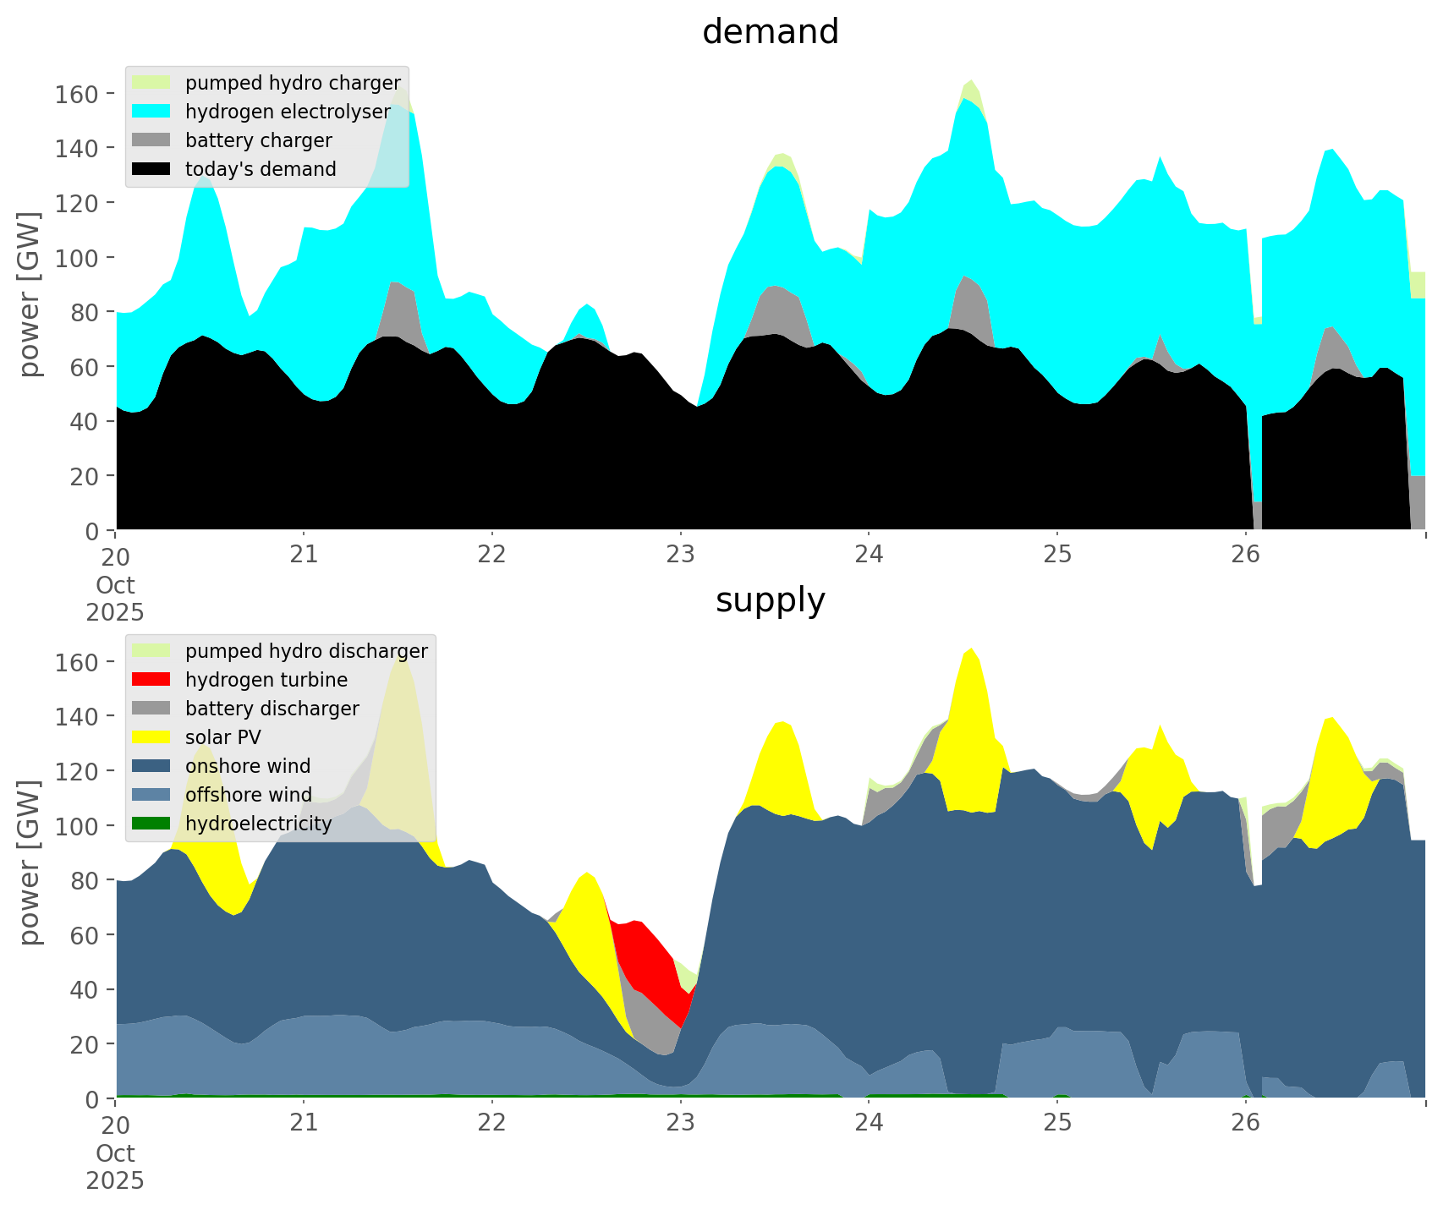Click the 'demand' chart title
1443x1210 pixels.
[770, 32]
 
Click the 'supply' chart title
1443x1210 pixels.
[770, 600]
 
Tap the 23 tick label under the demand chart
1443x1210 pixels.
[680, 556]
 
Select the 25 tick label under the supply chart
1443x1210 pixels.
[1057, 1124]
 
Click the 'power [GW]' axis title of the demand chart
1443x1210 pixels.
[30, 294]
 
